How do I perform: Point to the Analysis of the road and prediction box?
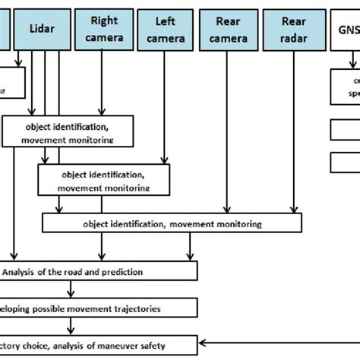(x=99, y=271)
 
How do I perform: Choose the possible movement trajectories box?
(x=99, y=308)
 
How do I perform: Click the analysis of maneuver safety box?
(x=99, y=344)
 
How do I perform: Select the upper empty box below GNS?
(x=346, y=131)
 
